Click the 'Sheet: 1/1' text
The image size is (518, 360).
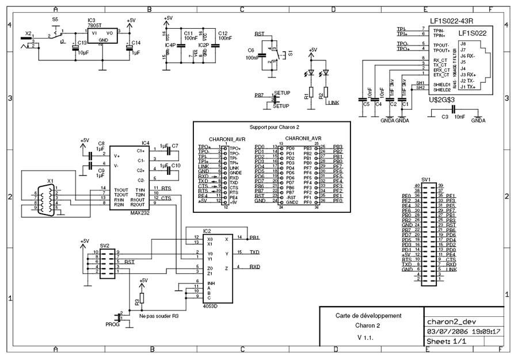(x=447, y=341)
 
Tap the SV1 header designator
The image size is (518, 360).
(x=426, y=179)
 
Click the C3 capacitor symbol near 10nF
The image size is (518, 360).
(x=453, y=109)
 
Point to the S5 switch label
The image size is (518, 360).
(x=55, y=19)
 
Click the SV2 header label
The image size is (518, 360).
(x=104, y=246)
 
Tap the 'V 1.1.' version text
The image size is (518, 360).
(x=365, y=337)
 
